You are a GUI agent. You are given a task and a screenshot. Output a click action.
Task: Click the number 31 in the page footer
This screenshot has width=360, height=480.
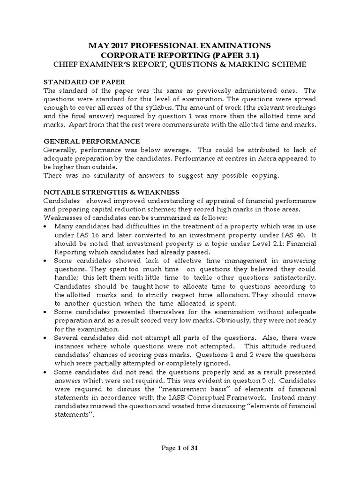tap(194, 448)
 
